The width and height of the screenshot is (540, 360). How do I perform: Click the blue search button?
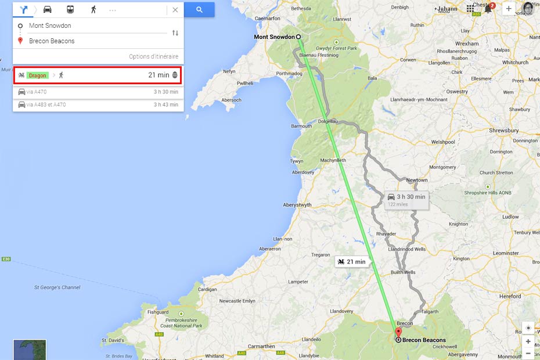point(199,10)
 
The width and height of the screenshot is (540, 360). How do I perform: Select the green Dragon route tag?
point(38,75)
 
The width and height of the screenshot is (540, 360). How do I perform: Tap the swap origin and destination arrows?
point(175,33)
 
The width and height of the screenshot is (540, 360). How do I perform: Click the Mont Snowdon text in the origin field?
point(50,26)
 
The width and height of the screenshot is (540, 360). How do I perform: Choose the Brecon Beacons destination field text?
point(52,41)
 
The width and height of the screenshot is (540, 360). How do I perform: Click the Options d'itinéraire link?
point(153,56)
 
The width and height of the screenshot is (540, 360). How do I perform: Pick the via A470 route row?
point(98,92)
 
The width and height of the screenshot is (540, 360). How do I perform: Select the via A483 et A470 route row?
point(98,105)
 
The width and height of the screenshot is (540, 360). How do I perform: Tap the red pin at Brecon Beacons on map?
point(398,334)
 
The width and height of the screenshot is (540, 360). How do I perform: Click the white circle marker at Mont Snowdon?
point(299,37)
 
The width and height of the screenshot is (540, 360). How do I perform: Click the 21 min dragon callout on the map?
point(352,262)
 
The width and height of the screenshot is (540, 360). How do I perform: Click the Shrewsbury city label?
point(504,131)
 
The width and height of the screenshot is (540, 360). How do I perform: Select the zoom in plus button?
point(528,341)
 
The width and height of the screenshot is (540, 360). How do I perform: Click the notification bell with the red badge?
point(488,9)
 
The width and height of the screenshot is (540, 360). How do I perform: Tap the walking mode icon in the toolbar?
point(93,10)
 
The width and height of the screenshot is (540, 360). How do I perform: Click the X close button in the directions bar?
point(175,10)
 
